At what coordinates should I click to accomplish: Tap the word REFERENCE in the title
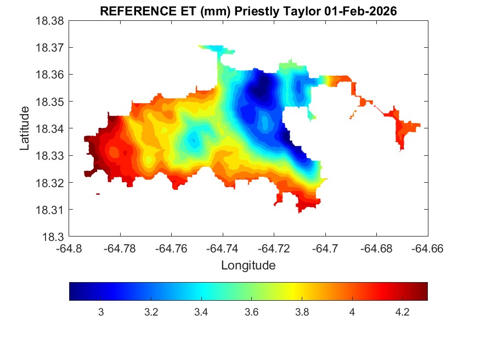[132, 10]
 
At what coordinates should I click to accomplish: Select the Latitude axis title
[24, 129]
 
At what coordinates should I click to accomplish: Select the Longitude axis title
[248, 266]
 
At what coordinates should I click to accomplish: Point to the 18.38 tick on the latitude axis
[51, 21]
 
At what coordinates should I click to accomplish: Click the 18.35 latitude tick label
[51, 102]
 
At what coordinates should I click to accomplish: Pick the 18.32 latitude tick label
[51, 183]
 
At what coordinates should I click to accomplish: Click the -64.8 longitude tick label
[70, 248]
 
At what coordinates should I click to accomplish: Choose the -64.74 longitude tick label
[223, 248]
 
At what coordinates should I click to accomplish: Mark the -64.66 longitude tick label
[427, 248]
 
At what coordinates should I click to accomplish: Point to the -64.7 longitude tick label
[325, 248]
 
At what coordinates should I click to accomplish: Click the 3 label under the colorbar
[101, 312]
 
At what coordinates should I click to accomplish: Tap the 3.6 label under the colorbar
[252, 312]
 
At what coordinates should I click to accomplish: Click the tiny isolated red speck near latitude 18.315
[98, 194]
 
